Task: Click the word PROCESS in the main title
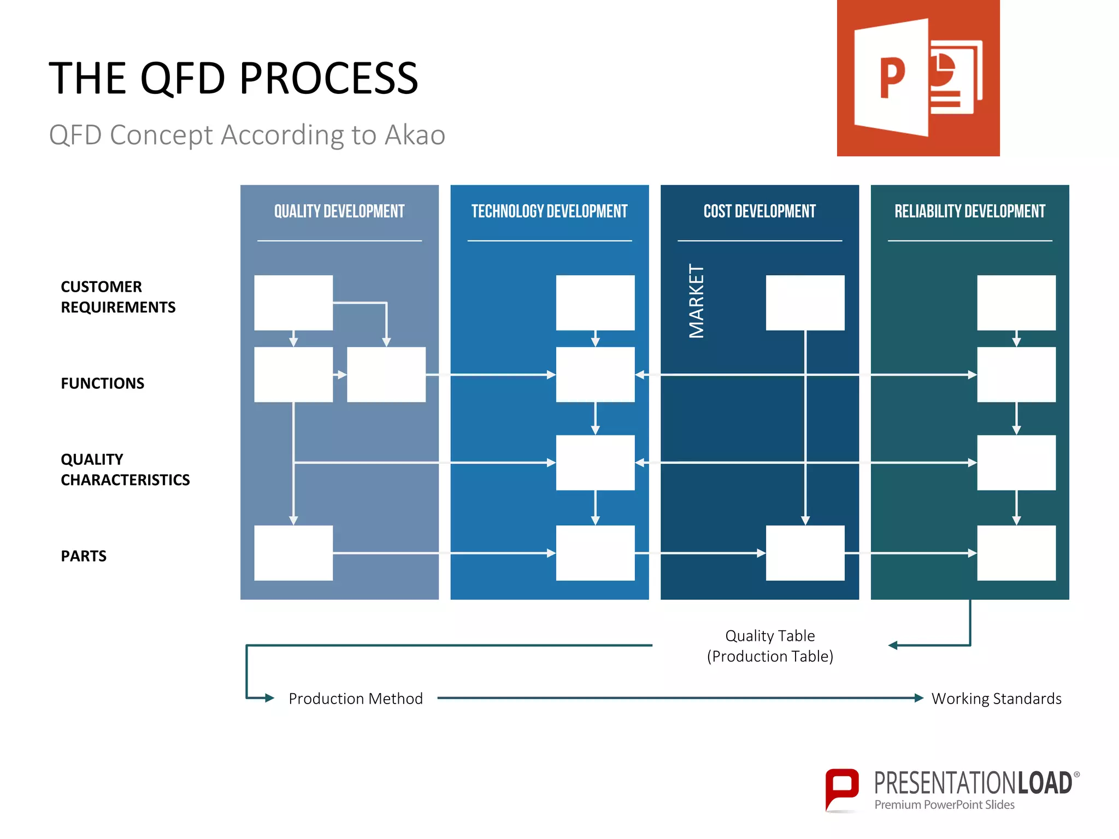click(328, 79)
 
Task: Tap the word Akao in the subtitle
click(415, 135)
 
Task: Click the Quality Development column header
click(339, 211)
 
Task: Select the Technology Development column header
click(549, 211)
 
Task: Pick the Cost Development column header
click(759, 211)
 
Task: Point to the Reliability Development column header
click(969, 211)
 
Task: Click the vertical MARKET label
click(696, 301)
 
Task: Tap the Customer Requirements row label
click(117, 297)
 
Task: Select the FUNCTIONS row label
click(102, 383)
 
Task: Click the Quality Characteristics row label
click(125, 469)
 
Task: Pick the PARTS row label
click(84, 556)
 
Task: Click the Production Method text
click(355, 699)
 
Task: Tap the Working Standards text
click(996, 699)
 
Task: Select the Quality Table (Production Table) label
click(770, 646)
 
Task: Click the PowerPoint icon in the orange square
click(918, 78)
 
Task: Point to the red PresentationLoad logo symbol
click(841, 789)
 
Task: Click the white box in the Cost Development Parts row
click(805, 553)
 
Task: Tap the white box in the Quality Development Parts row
click(293, 553)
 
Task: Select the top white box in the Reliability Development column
click(1016, 303)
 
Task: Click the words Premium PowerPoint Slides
click(944, 805)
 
